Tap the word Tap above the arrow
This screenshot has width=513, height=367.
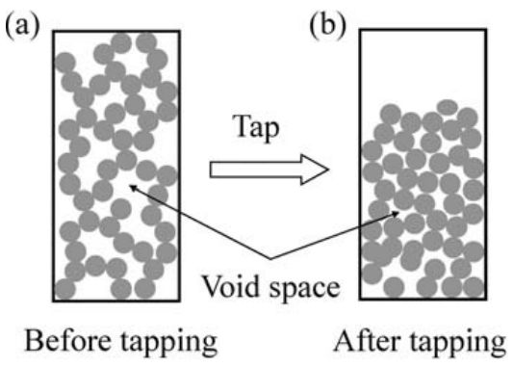[x=256, y=128]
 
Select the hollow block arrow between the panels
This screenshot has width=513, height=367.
[x=269, y=170]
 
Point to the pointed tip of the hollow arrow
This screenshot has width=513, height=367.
[x=328, y=170]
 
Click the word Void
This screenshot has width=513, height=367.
[x=232, y=286]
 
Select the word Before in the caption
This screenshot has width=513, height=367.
[x=67, y=340]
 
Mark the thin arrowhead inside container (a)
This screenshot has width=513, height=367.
[x=132, y=188]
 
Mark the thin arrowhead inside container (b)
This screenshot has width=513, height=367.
[x=397, y=214]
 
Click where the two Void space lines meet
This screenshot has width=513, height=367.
[x=270, y=259]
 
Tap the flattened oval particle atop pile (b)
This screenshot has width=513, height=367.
[x=448, y=107]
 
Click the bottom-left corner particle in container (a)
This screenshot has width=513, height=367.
[x=65, y=289]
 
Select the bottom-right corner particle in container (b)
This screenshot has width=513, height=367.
[x=475, y=287]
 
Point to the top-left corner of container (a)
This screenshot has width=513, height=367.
[x=54, y=32]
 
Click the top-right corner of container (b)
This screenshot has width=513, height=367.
[x=486, y=30]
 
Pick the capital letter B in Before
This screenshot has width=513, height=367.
[x=34, y=340]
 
